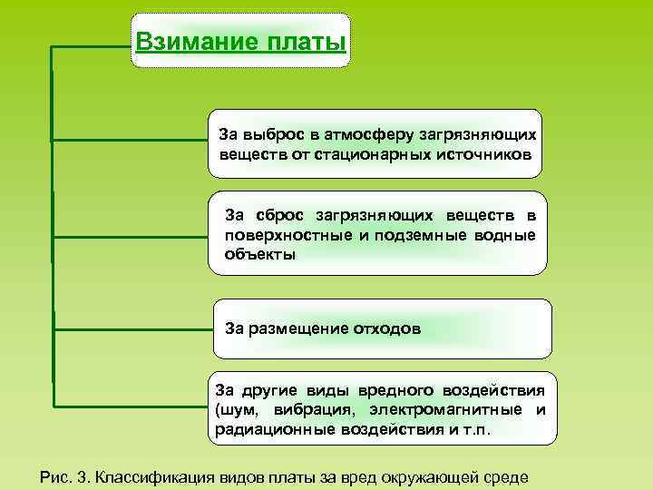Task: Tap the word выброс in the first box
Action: coord(268,133)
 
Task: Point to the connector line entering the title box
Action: coord(91,44)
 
